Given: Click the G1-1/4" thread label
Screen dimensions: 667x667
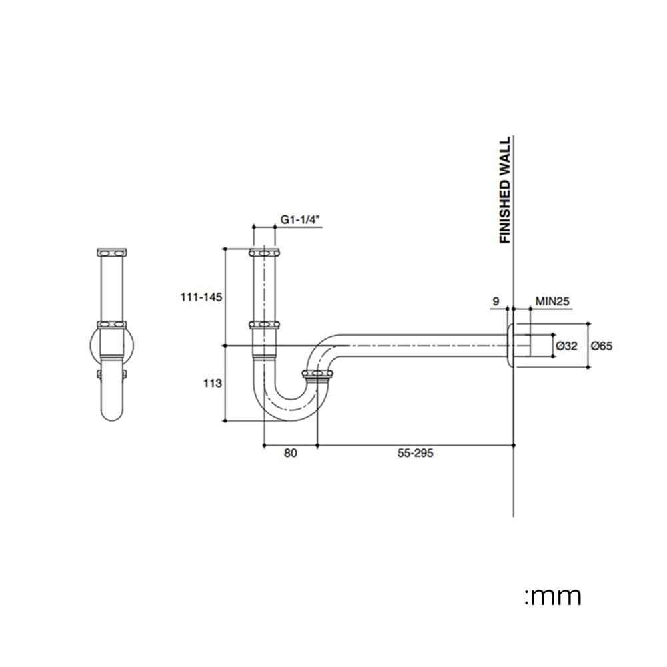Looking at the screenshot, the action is (300, 220).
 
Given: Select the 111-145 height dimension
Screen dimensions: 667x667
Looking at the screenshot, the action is (201, 297).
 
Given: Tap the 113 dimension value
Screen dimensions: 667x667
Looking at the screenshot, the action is (213, 384).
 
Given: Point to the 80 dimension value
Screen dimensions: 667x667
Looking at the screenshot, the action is (291, 453).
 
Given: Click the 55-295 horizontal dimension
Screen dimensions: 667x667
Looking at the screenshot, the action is (415, 453).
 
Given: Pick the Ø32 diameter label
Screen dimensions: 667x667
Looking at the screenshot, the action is (566, 346).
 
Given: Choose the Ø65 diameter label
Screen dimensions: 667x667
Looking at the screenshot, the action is (602, 346).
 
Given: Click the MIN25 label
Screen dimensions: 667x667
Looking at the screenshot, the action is (552, 301).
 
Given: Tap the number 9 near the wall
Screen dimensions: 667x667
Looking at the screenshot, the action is (496, 301).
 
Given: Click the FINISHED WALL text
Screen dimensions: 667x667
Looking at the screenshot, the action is (504, 190).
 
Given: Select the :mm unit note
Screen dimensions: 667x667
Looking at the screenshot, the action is (553, 596).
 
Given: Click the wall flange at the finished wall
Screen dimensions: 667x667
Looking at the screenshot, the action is (510, 346).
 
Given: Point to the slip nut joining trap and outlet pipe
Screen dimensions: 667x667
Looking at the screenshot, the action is (317, 374).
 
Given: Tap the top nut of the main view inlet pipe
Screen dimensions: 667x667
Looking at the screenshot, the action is (264, 253).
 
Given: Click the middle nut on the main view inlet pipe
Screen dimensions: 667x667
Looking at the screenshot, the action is (264, 325).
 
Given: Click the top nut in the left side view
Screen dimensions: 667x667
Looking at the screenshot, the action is (112, 253).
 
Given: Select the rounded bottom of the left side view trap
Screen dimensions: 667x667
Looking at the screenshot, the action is (112, 417).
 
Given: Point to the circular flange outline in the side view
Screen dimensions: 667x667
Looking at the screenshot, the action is (91, 346).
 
